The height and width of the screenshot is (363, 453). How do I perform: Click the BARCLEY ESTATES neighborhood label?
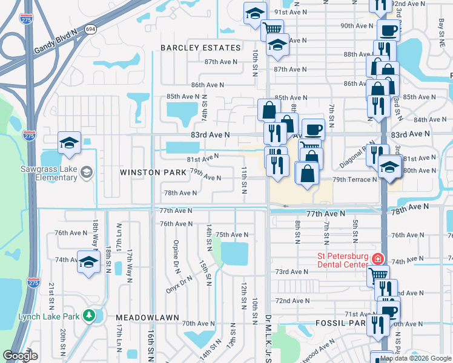coord(200,48)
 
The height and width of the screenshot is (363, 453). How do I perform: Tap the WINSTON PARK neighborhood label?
coord(153,172)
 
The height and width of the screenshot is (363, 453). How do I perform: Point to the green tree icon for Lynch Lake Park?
coord(89,315)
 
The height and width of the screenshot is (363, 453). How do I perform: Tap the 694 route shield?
coord(90,29)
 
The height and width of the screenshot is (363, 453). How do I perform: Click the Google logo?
coord(21,356)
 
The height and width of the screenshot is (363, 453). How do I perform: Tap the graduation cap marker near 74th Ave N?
coord(88,263)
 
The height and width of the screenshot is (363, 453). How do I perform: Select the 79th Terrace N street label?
coord(354,180)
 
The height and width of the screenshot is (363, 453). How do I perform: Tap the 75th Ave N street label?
coord(232,235)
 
